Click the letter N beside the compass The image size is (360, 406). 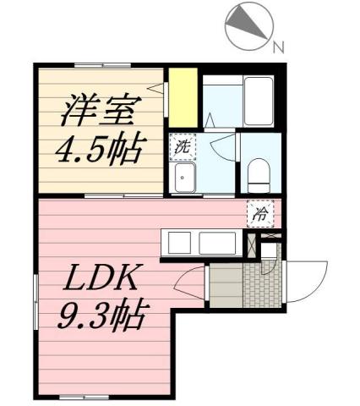276,47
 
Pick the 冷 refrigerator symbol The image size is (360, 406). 260,214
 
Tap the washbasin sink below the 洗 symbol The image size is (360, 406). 183,178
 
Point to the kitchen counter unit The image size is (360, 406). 202,243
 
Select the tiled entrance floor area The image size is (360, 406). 262,288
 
